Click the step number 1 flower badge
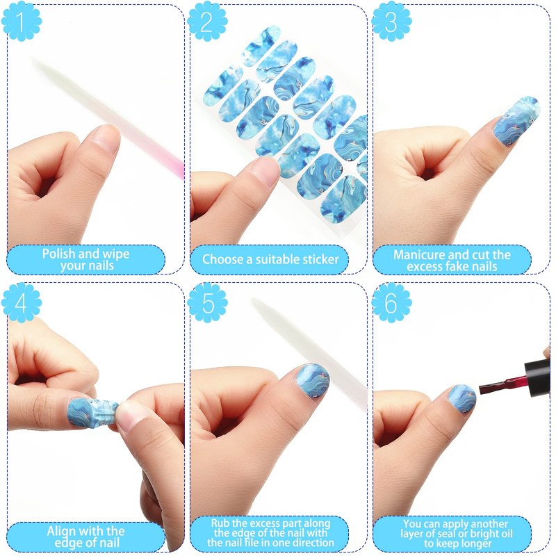(22, 21)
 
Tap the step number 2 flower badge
(207, 21)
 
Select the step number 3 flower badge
(391, 21)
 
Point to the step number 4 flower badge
(22, 302)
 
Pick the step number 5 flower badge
(207, 302)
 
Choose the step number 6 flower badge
(391, 302)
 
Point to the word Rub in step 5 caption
(220, 523)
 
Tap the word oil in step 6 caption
(506, 533)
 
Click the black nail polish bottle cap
(537, 377)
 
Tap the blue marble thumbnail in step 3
(516, 120)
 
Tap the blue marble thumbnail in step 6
(461, 398)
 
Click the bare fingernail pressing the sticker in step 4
(130, 413)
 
